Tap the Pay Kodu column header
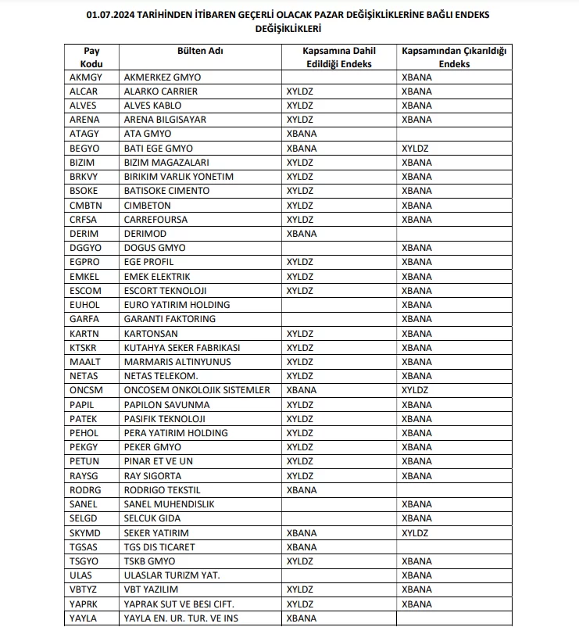(x=91, y=57)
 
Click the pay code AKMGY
(x=85, y=77)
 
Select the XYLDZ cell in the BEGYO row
(x=415, y=149)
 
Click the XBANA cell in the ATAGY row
(x=302, y=134)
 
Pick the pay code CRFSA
(x=84, y=220)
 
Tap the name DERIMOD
(x=145, y=234)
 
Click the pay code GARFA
(x=84, y=319)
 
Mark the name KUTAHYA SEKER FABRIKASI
(x=182, y=348)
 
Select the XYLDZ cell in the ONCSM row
(x=415, y=390)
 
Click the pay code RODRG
(x=85, y=490)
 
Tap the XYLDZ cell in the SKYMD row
(x=415, y=532)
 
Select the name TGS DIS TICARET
(x=159, y=547)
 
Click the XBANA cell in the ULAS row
(x=416, y=575)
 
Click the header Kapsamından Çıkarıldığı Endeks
(x=454, y=57)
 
